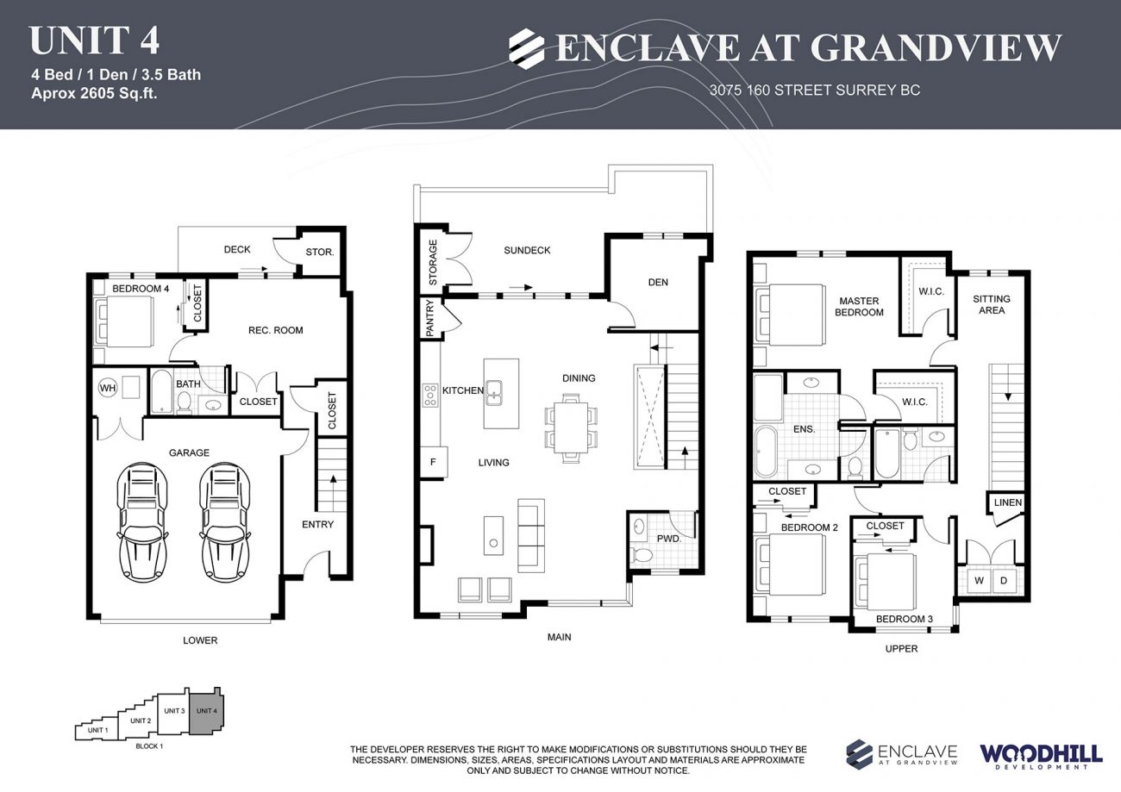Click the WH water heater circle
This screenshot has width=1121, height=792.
(108, 388)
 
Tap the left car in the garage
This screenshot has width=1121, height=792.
(142, 521)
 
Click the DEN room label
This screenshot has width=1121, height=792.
(658, 282)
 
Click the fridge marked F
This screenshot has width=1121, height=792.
(432, 462)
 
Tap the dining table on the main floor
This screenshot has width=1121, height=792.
(571, 427)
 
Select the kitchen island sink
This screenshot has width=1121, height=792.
(494, 393)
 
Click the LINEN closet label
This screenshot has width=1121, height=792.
(1007, 502)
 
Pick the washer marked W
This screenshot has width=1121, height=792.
(979, 581)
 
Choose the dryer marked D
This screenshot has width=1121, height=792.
(1003, 581)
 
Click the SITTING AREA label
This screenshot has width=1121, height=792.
(992, 304)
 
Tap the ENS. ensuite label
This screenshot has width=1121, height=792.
(804, 428)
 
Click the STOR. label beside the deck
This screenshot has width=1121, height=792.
(319, 253)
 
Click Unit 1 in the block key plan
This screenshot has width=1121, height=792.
(97, 731)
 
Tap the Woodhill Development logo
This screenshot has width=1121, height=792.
(1040, 755)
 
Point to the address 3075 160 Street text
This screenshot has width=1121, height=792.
(814, 90)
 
